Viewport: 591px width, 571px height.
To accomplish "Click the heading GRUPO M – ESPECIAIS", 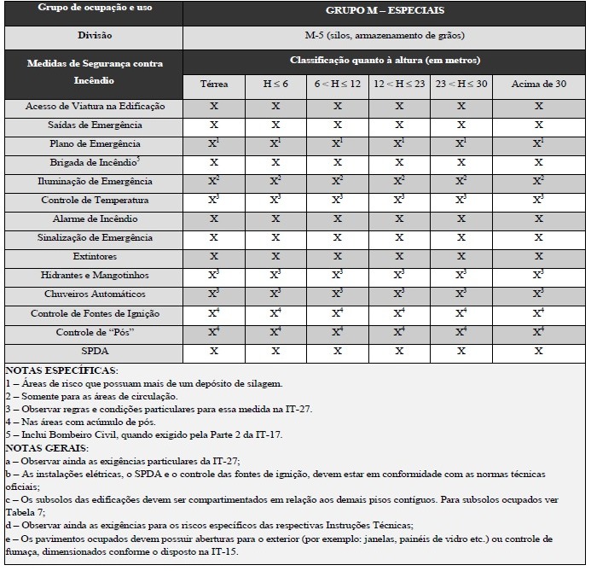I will (x=385, y=13).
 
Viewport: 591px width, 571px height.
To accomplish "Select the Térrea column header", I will (x=214, y=85).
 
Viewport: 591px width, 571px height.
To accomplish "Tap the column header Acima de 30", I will (x=539, y=85).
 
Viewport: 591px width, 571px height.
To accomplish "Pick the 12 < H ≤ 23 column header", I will (x=400, y=85).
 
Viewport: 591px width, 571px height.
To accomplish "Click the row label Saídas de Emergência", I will (x=96, y=125).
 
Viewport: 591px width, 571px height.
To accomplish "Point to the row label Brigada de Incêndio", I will (x=96, y=162).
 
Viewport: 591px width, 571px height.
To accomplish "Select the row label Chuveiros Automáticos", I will (x=96, y=294).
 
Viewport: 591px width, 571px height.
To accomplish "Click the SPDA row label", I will (x=96, y=351).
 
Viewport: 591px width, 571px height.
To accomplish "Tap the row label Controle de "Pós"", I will (x=96, y=332).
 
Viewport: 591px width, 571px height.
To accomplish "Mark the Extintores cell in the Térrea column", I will (x=214, y=257).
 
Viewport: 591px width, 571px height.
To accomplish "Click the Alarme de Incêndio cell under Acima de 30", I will (x=539, y=219).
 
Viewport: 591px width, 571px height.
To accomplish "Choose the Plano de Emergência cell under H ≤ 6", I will (x=275, y=143).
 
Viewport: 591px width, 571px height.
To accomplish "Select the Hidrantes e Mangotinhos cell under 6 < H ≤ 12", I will (x=338, y=275).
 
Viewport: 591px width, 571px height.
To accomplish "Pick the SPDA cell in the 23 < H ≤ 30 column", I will (x=461, y=351).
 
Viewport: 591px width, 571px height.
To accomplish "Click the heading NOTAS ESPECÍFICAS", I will (x=61, y=371).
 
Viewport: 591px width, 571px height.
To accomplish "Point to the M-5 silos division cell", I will (x=385, y=37).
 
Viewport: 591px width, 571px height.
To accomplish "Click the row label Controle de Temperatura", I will (x=96, y=201).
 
